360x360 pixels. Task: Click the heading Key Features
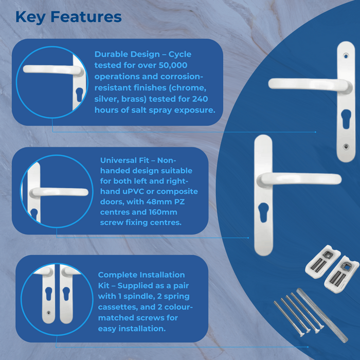coord(68,16)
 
